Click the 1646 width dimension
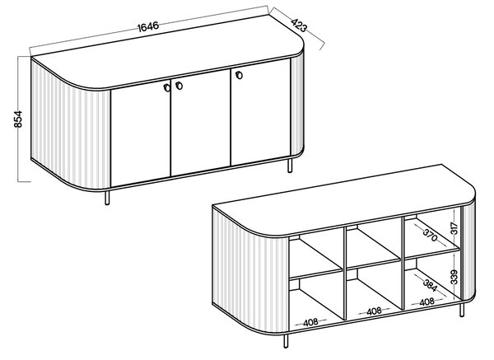(x=148, y=26)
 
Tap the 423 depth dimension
(x=299, y=26)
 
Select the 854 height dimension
(x=18, y=119)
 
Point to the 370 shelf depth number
(x=431, y=235)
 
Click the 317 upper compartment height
(x=454, y=228)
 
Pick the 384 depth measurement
(x=430, y=285)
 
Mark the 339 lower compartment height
(x=454, y=277)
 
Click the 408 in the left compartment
(x=310, y=322)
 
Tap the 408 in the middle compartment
(x=374, y=311)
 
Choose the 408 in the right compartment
(x=426, y=302)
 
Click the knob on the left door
(x=167, y=88)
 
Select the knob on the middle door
(x=179, y=86)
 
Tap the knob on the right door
(x=239, y=75)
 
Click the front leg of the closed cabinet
(x=107, y=198)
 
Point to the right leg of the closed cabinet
(x=290, y=166)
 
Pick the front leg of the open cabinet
(x=286, y=341)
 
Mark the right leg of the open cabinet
(x=462, y=309)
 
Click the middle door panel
(x=201, y=123)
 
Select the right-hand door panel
(x=260, y=112)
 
